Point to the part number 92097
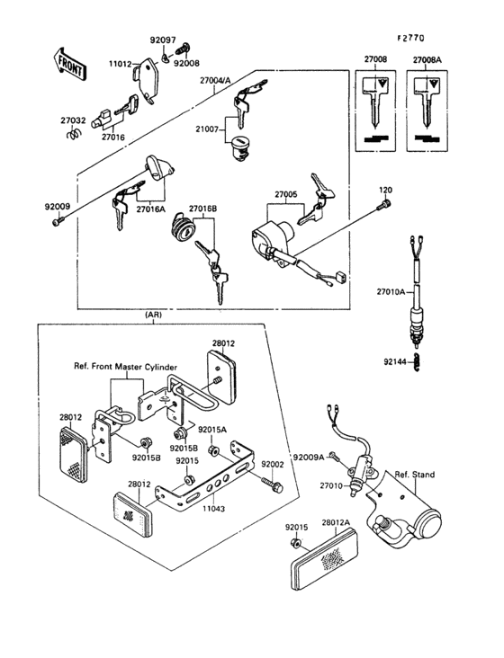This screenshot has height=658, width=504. pyautogui.click(x=163, y=42)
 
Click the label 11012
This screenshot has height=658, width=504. pyautogui.click(x=121, y=64)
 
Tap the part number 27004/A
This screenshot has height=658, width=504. pyautogui.click(x=216, y=80)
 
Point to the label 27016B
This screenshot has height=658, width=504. pyautogui.click(x=203, y=208)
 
